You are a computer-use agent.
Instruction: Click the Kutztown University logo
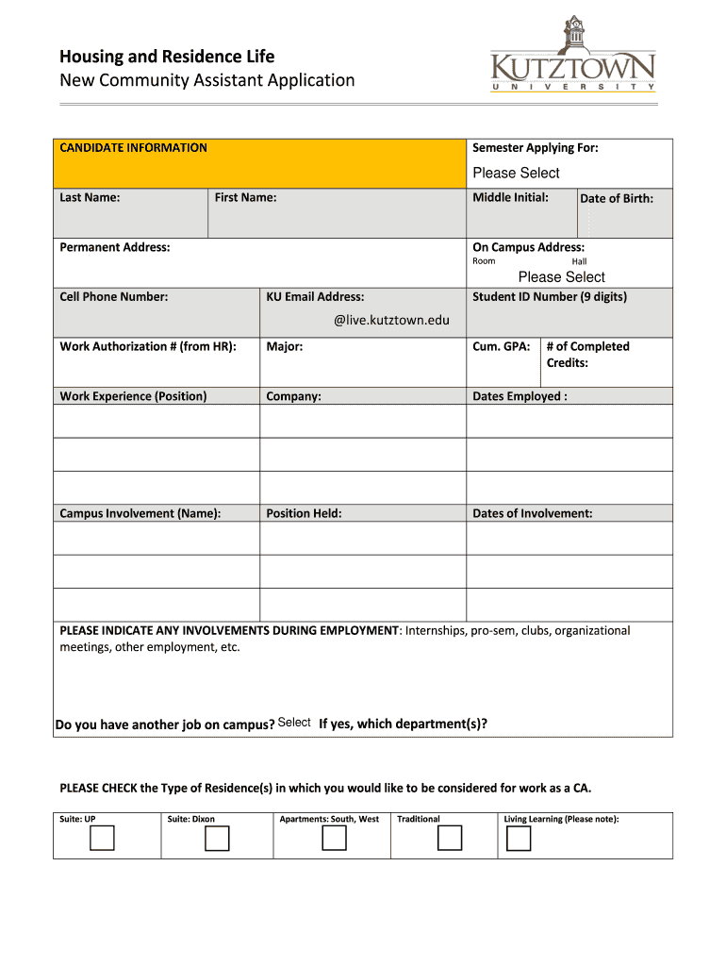[x=572, y=55]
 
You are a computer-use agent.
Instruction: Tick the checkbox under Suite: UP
[x=102, y=838]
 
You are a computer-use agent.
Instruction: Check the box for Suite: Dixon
[x=218, y=838]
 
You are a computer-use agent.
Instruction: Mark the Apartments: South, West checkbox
[x=334, y=838]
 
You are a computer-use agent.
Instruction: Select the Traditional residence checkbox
[x=450, y=838]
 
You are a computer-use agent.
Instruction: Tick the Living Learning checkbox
[x=519, y=838]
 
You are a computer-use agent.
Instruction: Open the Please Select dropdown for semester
[x=516, y=173]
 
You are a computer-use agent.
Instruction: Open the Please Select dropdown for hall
[x=561, y=276]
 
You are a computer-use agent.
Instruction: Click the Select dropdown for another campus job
[x=294, y=723]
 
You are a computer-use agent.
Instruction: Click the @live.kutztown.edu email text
[x=391, y=321]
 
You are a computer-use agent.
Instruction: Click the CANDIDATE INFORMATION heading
[x=133, y=148]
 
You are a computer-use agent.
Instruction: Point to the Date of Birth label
[x=616, y=198]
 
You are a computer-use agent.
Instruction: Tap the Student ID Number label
[x=549, y=297]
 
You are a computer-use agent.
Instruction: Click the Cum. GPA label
[x=501, y=347]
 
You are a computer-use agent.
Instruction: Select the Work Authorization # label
[x=147, y=347]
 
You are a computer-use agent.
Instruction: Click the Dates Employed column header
[x=520, y=396]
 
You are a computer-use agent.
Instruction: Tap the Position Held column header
[x=304, y=514]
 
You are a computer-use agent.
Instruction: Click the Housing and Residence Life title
[x=167, y=57]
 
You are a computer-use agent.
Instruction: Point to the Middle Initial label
[x=510, y=197]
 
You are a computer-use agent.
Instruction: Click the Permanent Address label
[x=115, y=247]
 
